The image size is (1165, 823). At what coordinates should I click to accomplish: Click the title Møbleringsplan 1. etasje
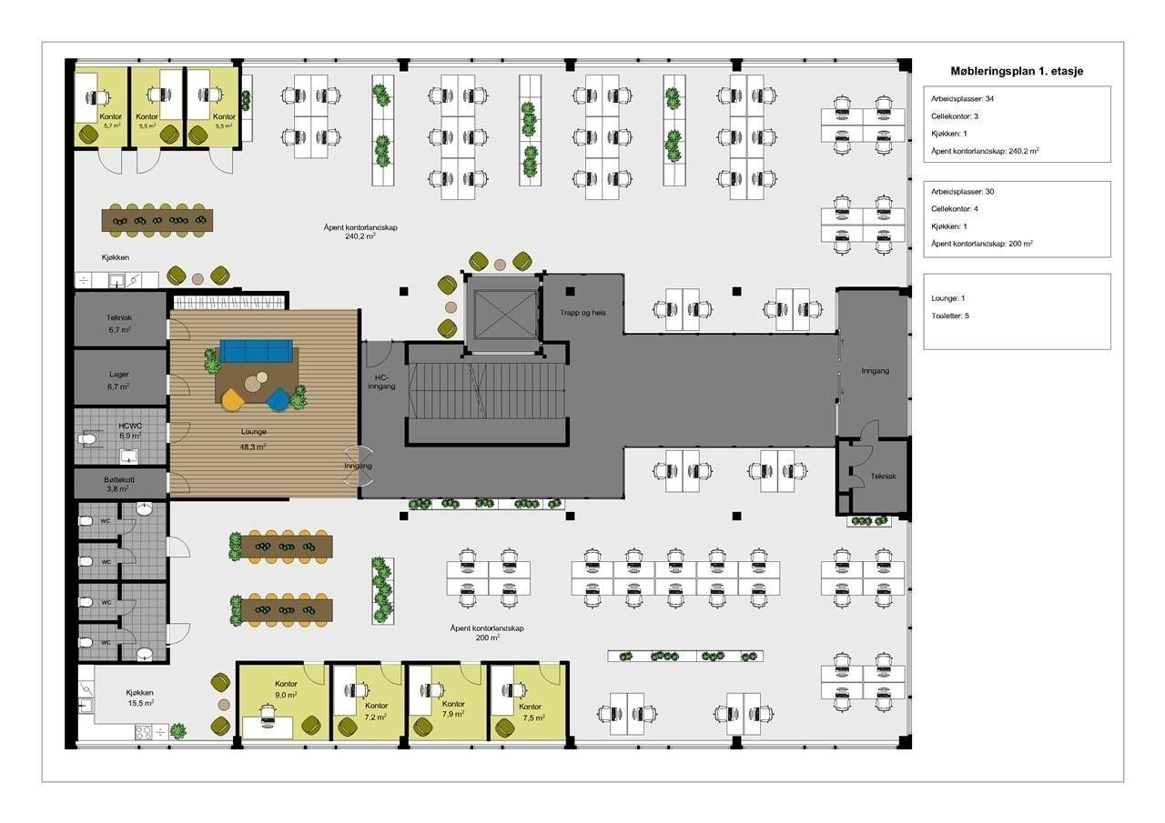tap(1017, 71)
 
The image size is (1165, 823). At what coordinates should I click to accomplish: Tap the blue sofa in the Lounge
tap(256, 351)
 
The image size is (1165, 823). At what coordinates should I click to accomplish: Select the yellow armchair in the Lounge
tap(232, 399)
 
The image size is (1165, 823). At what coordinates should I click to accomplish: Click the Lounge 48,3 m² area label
tap(254, 439)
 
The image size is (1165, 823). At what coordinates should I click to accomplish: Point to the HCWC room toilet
tap(86, 440)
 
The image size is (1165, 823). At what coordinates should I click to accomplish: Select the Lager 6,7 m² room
tap(120, 377)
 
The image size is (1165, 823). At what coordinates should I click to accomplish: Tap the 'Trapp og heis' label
tap(582, 313)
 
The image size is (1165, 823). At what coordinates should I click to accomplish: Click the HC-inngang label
tap(381, 382)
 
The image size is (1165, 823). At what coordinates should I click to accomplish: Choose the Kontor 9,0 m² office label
tap(286, 689)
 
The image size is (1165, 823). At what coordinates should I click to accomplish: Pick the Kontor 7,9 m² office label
tap(453, 708)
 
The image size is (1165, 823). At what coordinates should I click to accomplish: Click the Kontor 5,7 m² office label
tap(111, 121)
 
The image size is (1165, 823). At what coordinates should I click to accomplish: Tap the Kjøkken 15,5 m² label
tap(140, 698)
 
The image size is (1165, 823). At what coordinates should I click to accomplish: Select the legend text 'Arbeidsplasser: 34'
tap(962, 99)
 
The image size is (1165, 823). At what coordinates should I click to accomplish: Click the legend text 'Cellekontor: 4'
tap(955, 209)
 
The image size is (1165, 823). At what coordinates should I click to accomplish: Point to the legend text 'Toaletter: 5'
tap(950, 316)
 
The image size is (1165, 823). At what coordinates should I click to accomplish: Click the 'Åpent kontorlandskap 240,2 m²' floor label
tap(360, 232)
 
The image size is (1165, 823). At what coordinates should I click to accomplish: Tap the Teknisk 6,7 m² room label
tap(119, 323)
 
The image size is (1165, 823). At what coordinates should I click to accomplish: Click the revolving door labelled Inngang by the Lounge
tap(359, 466)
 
